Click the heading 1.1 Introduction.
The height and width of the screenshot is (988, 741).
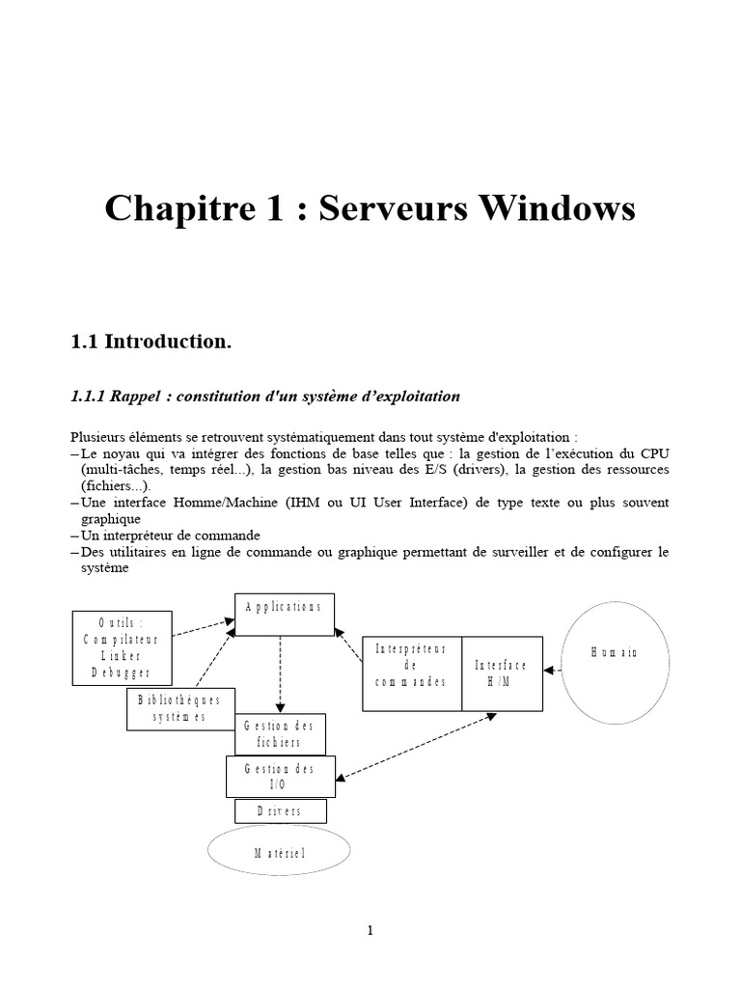pos(151,342)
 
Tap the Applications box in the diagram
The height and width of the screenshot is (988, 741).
pos(285,615)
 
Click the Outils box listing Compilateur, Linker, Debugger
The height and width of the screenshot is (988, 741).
pos(123,647)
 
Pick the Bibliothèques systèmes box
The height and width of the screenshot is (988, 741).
pos(179,709)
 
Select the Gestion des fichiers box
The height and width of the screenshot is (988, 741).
pos(281,734)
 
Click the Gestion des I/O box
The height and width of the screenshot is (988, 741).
pos(281,776)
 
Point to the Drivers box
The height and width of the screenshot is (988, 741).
pos(281,811)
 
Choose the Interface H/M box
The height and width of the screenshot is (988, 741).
pos(502,673)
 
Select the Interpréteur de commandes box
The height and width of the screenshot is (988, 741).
pos(412,673)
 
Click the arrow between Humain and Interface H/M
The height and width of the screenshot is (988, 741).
pos(553,668)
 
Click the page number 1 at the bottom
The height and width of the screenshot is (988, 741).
pos(370,930)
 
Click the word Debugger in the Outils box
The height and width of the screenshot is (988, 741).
pos(123,673)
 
